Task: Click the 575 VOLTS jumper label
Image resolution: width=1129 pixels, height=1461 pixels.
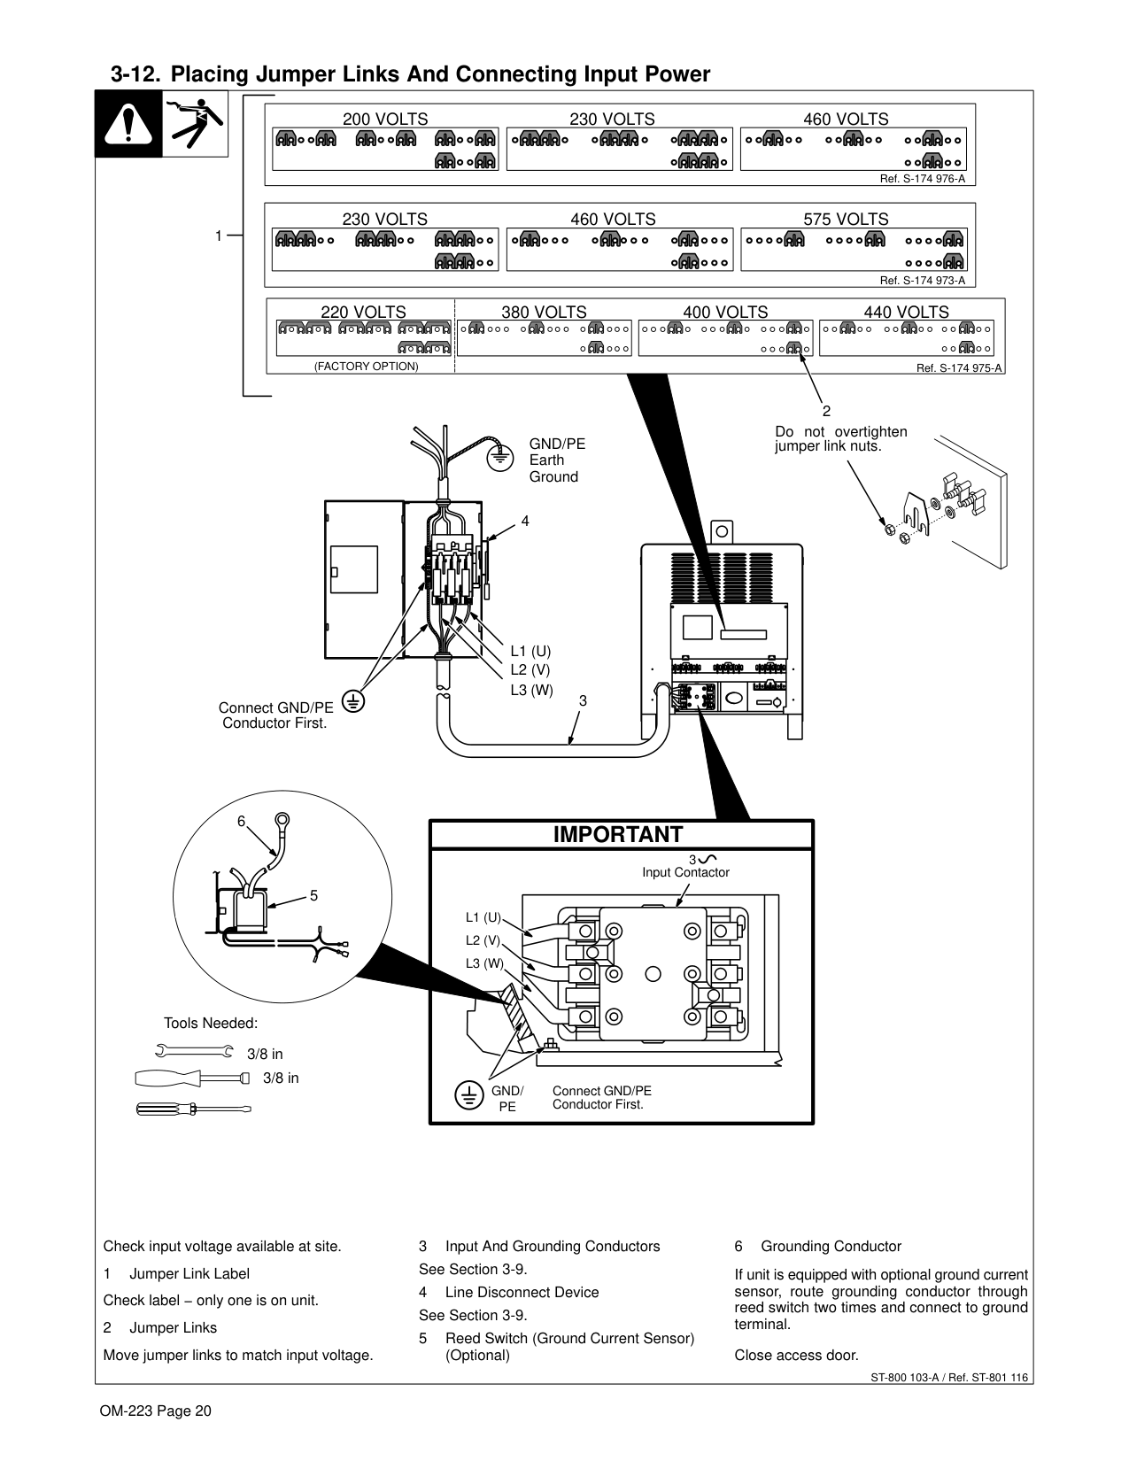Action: [x=846, y=219]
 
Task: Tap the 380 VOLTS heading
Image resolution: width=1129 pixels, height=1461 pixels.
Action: [x=544, y=312]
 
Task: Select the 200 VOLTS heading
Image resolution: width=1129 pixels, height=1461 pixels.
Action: [x=385, y=119]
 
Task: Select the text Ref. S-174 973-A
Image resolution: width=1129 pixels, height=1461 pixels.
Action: [x=922, y=281]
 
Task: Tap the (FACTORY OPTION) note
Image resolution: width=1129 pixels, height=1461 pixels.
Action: [x=366, y=367]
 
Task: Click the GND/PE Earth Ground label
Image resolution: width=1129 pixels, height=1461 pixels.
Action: [x=557, y=460]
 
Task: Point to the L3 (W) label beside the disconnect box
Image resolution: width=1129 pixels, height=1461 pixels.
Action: [x=531, y=690]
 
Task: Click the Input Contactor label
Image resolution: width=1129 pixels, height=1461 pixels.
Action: [x=685, y=872]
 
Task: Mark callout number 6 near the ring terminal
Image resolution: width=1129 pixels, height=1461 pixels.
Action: [x=241, y=821]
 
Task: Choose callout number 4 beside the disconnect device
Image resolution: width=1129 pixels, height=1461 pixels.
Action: [x=525, y=521]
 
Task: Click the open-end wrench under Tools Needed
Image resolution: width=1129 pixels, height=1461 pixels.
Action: [x=194, y=1052]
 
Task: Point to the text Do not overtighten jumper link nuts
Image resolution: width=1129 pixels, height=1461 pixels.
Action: [x=840, y=438]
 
